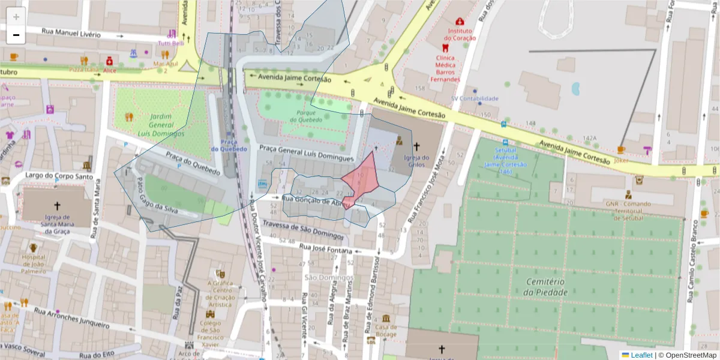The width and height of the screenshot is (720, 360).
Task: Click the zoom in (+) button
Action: coord(16,17)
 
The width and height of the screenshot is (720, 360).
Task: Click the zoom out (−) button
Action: coord(16,35)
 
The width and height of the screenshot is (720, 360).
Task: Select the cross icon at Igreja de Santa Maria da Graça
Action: coord(58,205)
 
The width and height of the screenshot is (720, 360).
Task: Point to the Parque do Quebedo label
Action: coord(310,116)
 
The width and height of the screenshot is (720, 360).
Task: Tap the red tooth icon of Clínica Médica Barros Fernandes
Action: coord(445,47)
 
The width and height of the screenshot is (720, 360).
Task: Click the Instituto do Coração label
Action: coord(460,34)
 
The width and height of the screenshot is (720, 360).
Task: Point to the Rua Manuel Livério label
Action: coord(71,33)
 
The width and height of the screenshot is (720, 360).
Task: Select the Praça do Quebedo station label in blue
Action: coord(229,145)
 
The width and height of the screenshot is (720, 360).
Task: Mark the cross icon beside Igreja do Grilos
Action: coord(416,146)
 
